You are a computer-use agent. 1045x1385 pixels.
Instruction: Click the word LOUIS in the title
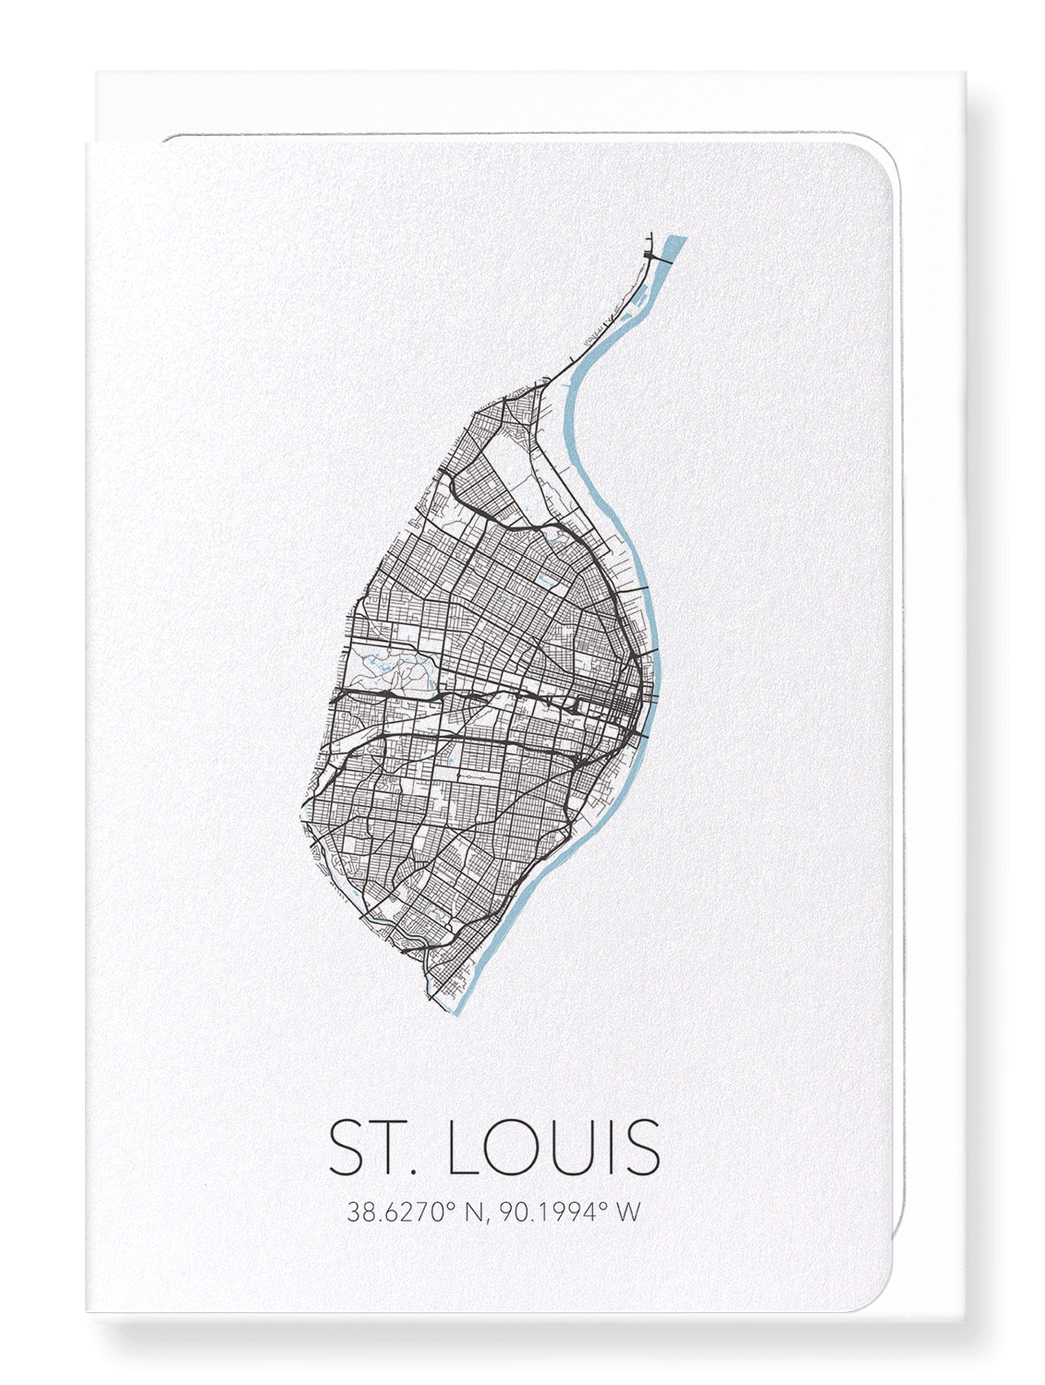pyautogui.click(x=553, y=1148)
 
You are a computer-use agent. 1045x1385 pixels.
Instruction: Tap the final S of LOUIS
pyautogui.click(x=641, y=1148)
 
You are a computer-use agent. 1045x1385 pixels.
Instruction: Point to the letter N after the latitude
pyautogui.click(x=474, y=1211)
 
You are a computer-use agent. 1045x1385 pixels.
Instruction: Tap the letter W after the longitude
pyautogui.click(x=627, y=1211)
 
